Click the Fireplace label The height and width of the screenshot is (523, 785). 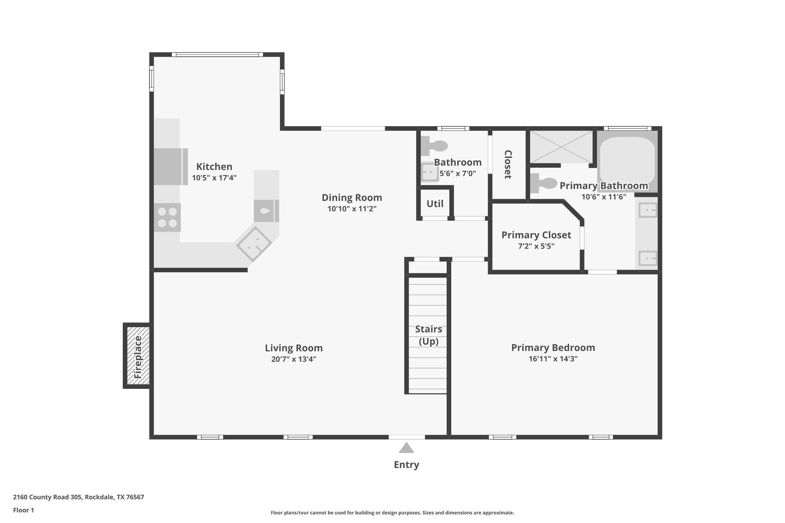click(138, 356)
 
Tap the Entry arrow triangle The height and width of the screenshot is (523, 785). click(406, 448)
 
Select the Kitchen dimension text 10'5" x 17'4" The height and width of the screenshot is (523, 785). click(214, 178)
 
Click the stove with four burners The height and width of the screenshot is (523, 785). click(168, 217)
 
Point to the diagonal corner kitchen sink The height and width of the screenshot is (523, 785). click(254, 244)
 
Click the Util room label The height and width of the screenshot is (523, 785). click(435, 204)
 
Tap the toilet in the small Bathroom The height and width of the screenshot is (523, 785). click(435, 146)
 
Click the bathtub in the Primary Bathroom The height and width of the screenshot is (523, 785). click(627, 161)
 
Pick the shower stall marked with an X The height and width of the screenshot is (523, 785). click(561, 147)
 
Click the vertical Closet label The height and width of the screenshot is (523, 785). click(508, 164)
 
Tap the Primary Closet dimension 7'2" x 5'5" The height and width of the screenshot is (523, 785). click(536, 246)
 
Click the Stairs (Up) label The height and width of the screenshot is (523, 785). click(429, 335)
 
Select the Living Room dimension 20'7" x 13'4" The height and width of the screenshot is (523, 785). click(294, 359)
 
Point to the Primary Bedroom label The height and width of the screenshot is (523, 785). click(553, 348)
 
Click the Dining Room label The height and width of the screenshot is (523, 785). click(351, 198)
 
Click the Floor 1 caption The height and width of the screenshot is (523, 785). click(24, 510)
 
